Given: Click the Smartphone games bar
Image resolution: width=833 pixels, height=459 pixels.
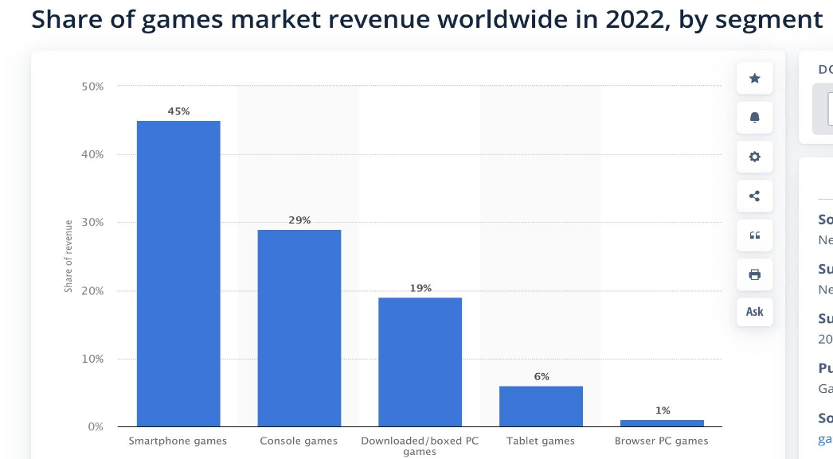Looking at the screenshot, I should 178,273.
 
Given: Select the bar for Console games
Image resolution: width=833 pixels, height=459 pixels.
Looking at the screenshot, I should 299,328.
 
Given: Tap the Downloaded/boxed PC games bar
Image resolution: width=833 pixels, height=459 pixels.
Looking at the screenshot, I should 420,362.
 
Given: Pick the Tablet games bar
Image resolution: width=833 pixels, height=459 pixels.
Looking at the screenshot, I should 541,406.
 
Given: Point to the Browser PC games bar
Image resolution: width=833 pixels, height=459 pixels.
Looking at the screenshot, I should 662,423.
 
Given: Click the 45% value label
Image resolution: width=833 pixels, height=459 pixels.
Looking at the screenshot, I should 178,111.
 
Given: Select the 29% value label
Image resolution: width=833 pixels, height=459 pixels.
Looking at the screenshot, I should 299,220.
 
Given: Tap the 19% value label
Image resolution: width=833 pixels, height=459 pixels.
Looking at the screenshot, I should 420,288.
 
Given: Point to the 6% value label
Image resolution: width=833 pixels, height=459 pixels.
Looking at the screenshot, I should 542,376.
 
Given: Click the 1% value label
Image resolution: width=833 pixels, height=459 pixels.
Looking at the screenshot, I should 663,410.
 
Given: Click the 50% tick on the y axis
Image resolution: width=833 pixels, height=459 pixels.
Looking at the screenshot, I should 92,86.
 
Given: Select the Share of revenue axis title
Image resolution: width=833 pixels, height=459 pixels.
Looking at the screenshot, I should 68,256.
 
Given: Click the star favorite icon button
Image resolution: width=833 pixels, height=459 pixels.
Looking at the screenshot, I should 755,78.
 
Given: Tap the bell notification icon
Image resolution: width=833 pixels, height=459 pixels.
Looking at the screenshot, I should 755,118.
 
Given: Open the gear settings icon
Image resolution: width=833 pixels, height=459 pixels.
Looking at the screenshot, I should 755,157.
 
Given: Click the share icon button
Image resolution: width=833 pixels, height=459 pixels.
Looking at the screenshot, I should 755,196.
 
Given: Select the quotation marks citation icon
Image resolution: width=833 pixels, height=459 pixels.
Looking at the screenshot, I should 755,235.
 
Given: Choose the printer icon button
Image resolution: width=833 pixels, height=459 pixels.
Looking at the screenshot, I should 755,274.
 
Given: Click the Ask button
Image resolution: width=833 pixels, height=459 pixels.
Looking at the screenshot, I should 755,312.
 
